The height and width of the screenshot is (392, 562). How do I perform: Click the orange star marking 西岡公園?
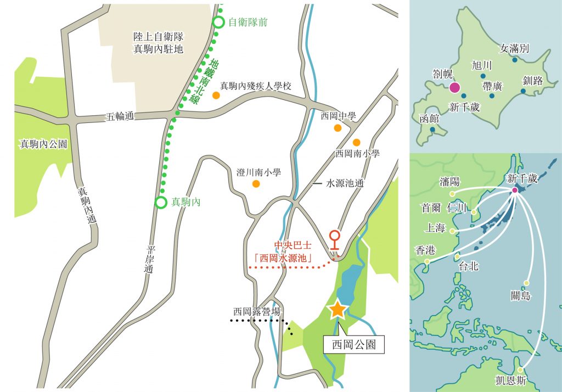pos(336,310)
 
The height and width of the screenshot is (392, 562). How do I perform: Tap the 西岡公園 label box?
pos(352,345)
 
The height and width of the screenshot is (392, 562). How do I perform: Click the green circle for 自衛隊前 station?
pos(218,23)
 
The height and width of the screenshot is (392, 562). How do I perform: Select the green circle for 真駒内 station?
pos(160,202)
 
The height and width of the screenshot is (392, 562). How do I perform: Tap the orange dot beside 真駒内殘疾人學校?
pos(216,95)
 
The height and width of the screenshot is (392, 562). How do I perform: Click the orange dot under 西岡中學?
pos(338,128)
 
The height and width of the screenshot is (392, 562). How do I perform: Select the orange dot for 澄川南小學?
pos(256,183)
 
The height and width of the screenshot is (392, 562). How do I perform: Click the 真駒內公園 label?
pos(43,144)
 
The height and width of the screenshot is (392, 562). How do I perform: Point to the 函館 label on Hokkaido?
pos(429,118)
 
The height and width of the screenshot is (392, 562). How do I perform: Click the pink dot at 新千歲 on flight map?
pos(515,190)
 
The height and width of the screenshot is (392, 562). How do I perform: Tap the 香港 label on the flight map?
pos(425,250)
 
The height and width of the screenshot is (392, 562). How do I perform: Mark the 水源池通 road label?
pos(344,183)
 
